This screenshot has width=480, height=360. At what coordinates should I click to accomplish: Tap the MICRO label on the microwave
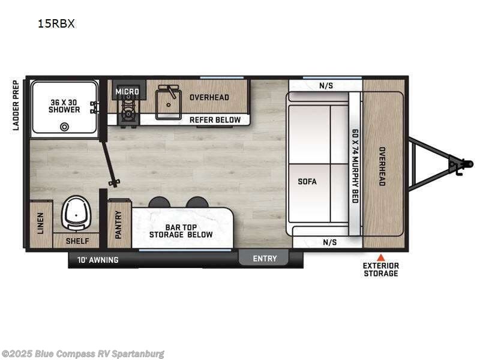[127, 92]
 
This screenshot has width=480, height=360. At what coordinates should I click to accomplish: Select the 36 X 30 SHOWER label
[65, 106]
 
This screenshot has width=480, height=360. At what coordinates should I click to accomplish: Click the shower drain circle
[65, 126]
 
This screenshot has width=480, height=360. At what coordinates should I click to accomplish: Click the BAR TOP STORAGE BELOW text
[181, 230]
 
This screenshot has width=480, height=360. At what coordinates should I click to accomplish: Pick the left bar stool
[159, 202]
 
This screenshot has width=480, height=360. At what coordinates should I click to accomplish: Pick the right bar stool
[197, 202]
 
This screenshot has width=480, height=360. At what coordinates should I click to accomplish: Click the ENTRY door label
[265, 259]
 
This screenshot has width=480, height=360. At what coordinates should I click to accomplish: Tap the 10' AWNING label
[97, 260]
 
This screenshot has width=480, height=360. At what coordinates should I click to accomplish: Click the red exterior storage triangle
[380, 257]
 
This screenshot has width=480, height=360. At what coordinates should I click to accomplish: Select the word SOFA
[307, 181]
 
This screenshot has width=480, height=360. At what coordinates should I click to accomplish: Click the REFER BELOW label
[215, 119]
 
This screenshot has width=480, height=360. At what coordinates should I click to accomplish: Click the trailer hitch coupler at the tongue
[458, 164]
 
